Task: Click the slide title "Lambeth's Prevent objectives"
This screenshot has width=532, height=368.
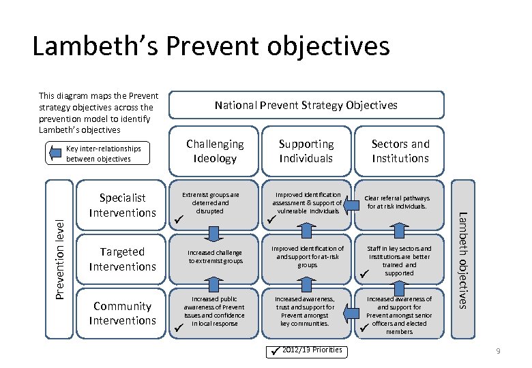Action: (211, 46)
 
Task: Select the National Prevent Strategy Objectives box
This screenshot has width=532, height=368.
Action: (306, 105)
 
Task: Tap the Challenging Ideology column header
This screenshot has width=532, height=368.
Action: (215, 151)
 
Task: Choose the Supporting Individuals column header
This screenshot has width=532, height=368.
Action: (306, 151)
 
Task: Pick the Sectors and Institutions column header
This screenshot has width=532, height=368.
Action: (400, 151)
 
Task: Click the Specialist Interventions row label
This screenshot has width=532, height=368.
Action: (123, 205)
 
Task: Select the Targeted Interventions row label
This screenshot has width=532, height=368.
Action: (123, 259)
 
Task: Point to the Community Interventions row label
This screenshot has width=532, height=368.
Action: (123, 313)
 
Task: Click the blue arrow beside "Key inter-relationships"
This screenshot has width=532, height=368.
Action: (55, 154)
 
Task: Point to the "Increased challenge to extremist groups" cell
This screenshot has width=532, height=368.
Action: (215, 256)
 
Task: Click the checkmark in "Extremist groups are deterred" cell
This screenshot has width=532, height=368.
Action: (178, 219)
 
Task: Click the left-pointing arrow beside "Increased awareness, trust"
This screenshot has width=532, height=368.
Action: (351, 312)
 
